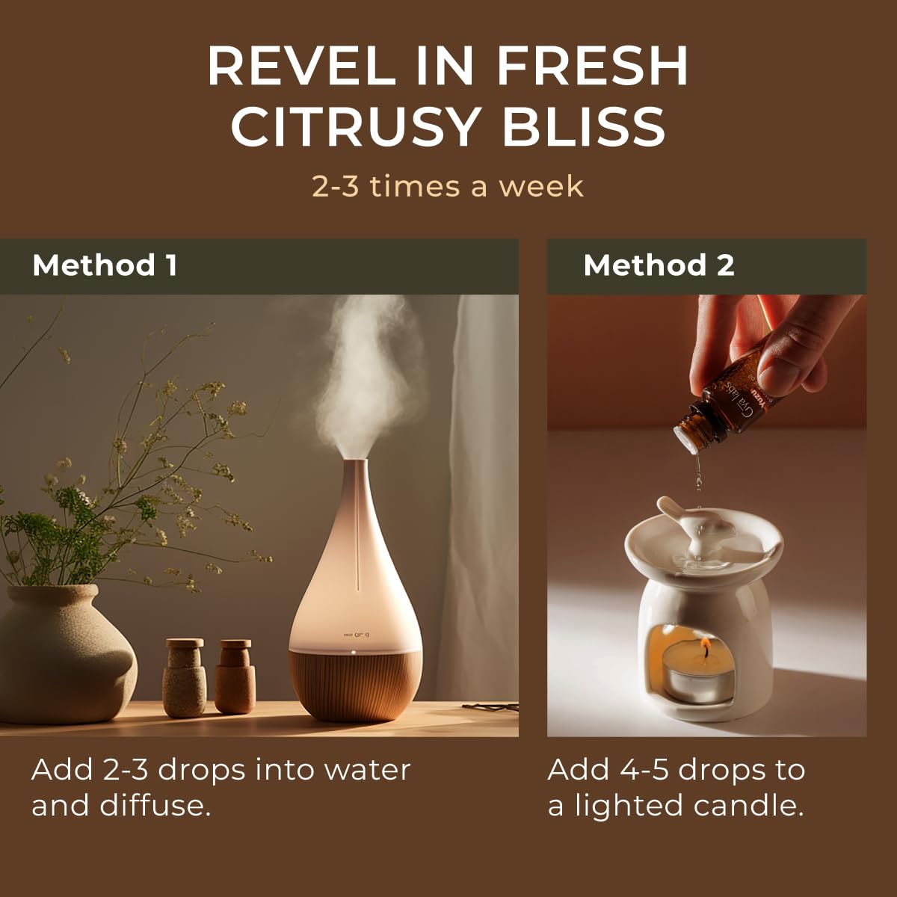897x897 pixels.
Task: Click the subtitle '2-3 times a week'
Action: pos(447,186)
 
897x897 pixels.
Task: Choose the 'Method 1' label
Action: pos(105,265)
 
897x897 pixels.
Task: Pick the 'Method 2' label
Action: pos(659,265)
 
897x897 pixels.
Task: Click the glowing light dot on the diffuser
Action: pos(351,653)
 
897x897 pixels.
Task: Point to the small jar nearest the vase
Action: pos(185,676)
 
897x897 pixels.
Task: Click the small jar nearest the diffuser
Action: pos(235,676)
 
